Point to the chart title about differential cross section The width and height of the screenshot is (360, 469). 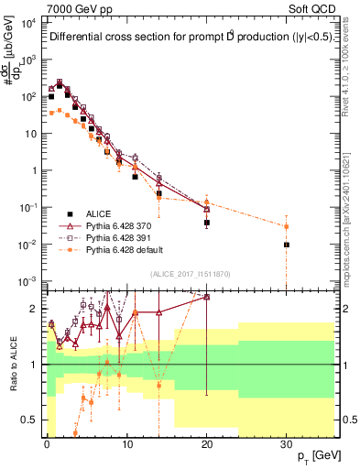(x=183, y=38)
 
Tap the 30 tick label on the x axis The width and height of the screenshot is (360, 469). (x=287, y=442)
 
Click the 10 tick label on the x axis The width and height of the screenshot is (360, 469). (x=126, y=442)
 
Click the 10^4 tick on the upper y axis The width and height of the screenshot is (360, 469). (x=27, y=22)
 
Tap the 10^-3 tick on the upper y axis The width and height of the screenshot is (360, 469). (x=27, y=281)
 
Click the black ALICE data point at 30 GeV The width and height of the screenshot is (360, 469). (x=287, y=245)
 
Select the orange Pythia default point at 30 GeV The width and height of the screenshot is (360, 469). (x=287, y=226)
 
